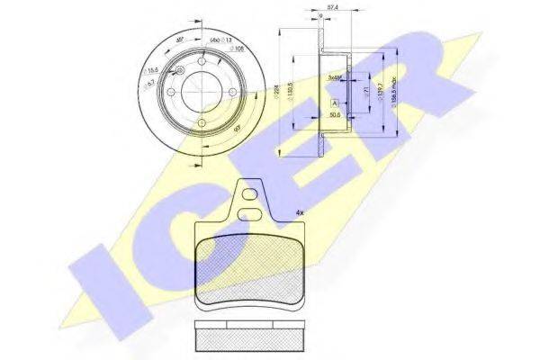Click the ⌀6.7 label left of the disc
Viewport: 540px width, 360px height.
153,83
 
